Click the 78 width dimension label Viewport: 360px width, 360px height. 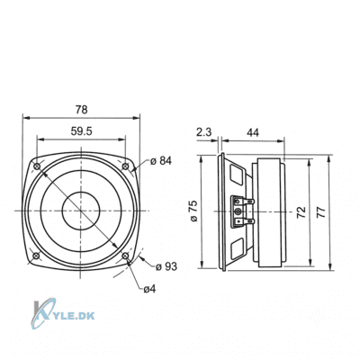coord(81,110)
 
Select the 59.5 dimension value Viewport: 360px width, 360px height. coord(81,131)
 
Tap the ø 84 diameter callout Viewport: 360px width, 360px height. coord(161,161)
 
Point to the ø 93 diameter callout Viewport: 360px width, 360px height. coord(166,266)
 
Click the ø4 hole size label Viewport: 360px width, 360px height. coord(149,289)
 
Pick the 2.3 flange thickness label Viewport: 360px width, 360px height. coord(204,132)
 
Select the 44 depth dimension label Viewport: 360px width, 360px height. coord(253,132)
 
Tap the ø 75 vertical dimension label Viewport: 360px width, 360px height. coord(194,211)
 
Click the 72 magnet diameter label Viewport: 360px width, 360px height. coord(301,212)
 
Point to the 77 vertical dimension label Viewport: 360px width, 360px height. coord(320,212)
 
